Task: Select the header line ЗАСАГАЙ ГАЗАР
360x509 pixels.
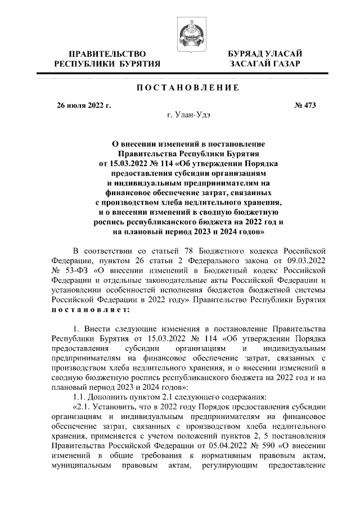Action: [264, 64]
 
